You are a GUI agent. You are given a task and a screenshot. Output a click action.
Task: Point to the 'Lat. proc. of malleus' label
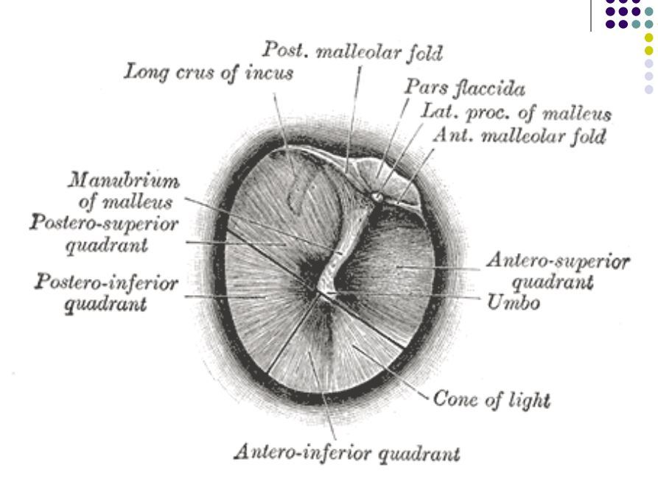click(515, 114)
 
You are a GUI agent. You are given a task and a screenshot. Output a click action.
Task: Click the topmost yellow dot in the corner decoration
click(649, 37)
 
